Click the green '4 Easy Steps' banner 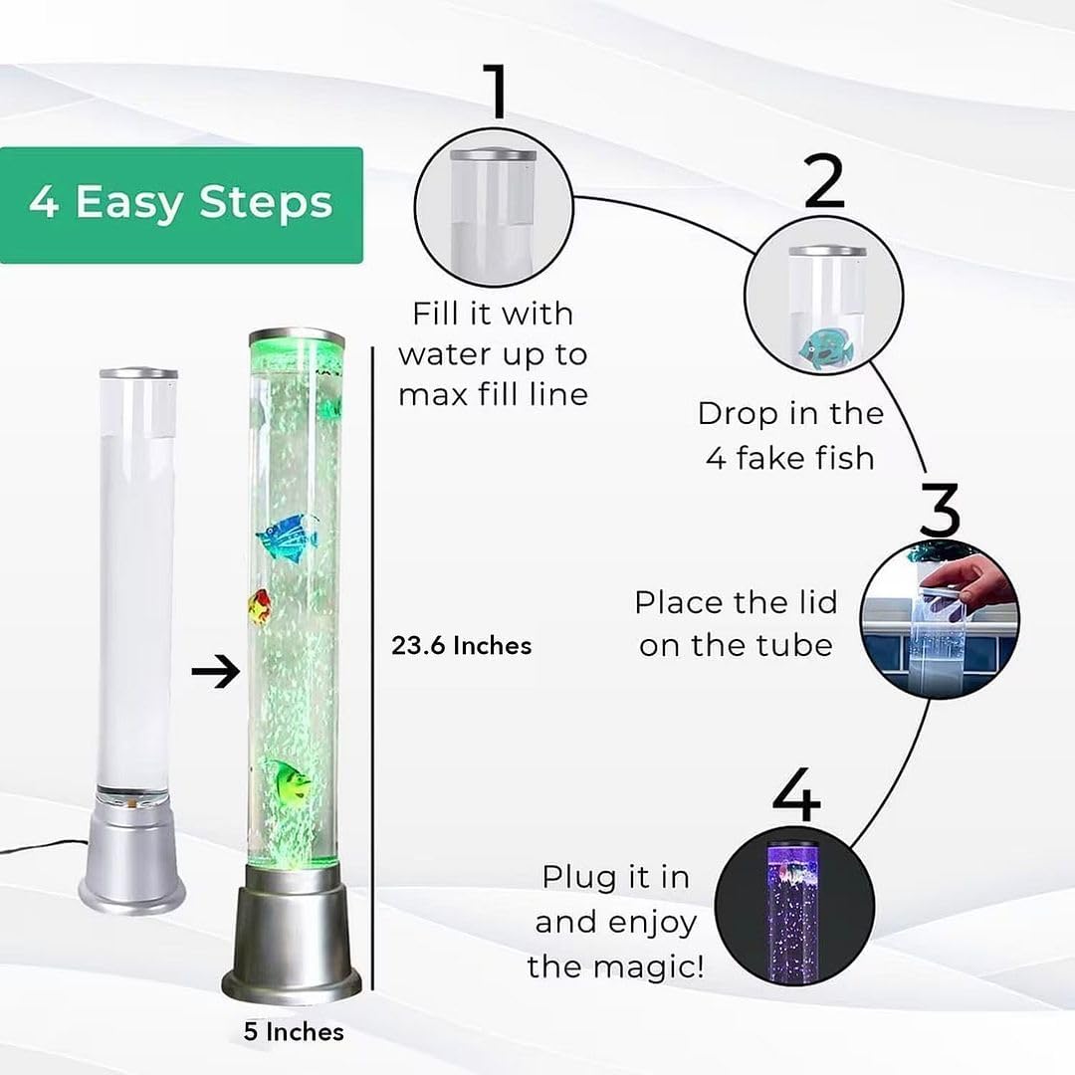click(181, 204)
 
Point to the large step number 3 click(939, 510)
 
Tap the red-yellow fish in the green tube click(261, 606)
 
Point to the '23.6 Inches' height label click(462, 646)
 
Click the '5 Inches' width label click(294, 1032)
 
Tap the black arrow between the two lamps click(215, 672)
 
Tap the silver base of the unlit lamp click(132, 866)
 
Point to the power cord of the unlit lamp click(40, 847)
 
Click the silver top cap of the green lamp click(296, 338)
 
